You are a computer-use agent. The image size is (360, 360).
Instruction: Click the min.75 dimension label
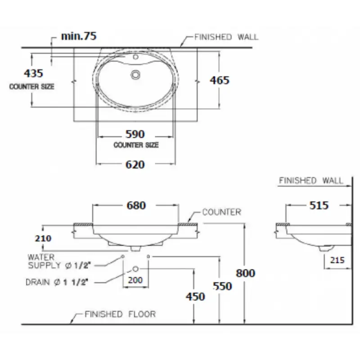point(79,36)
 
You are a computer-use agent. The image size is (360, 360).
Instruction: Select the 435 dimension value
point(33,73)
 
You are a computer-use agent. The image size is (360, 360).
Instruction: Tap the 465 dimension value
point(220,81)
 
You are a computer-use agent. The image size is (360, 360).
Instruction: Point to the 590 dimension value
point(135,134)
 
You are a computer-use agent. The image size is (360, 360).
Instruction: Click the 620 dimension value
point(135,165)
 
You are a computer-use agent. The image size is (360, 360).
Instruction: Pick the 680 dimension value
point(136,206)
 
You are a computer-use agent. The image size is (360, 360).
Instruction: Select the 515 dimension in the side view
point(319,205)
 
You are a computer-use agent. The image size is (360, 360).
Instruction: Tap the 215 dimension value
point(337,260)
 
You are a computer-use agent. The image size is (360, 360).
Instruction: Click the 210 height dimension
point(43,238)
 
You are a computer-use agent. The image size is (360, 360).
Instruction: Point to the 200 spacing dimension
point(135,280)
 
